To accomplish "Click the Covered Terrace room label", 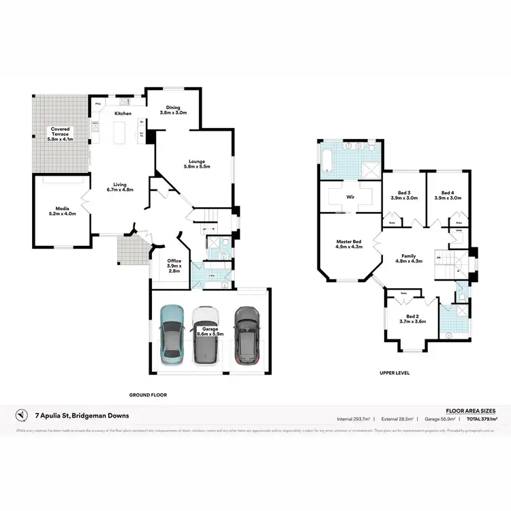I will coord(60,132).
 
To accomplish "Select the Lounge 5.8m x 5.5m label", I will coord(199,164).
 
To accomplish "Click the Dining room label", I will coord(172,109).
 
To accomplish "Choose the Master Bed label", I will coord(349,245).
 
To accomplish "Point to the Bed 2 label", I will coord(412,318).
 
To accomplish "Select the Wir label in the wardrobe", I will coord(350,196).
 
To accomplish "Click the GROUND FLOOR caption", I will coord(148,394).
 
